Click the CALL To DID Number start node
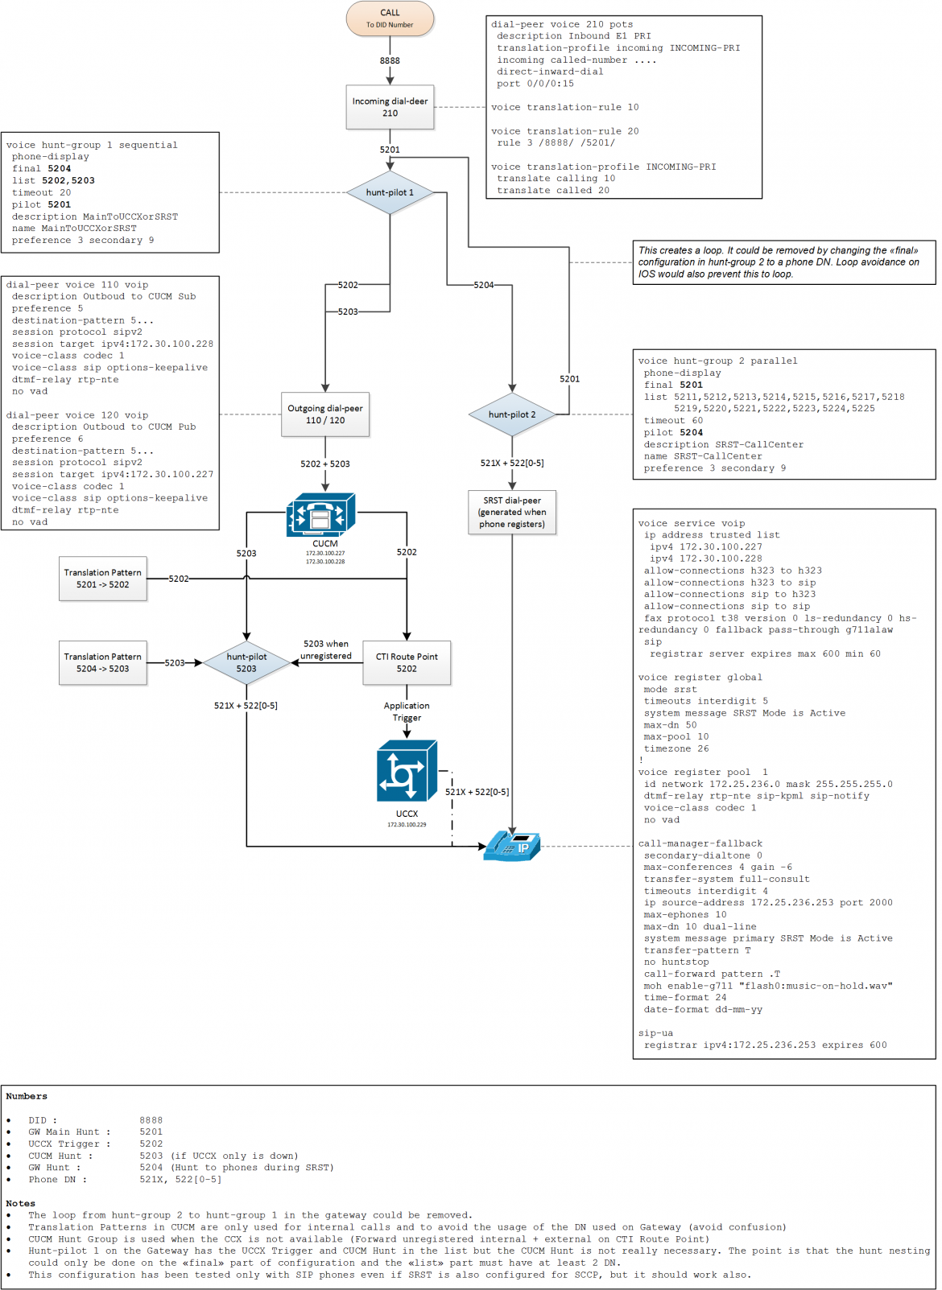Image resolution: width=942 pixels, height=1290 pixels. pos(390,18)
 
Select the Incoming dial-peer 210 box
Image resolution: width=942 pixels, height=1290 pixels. pos(390,107)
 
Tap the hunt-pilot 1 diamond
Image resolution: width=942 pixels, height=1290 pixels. pos(390,192)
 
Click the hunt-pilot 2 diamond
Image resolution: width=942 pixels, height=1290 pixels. pos(512,414)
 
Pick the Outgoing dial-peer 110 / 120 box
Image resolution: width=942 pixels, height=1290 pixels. pos(325,414)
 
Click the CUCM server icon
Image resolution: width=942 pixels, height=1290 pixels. pos(320,515)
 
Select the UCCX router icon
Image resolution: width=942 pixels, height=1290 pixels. pos(407,771)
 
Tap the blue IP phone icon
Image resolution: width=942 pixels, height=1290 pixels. pos(511,846)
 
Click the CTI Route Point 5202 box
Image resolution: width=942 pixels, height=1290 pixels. pos(407,662)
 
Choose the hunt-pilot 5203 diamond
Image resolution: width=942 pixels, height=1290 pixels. pos(246,662)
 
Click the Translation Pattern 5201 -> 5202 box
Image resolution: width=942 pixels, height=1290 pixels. pos(103,579)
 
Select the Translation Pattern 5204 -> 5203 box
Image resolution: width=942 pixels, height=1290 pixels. pos(103,662)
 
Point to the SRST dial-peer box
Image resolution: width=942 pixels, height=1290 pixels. pos(512,512)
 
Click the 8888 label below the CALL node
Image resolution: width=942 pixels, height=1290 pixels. pos(390,60)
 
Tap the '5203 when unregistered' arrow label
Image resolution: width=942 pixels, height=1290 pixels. pos(326,649)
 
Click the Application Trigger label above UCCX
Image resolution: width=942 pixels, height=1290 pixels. pos(407,711)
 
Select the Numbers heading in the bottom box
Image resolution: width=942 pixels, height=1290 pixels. pos(27,1096)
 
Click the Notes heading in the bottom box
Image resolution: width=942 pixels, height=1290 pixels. pos(21,1203)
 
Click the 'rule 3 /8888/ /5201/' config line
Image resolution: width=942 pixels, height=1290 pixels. pos(556,143)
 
